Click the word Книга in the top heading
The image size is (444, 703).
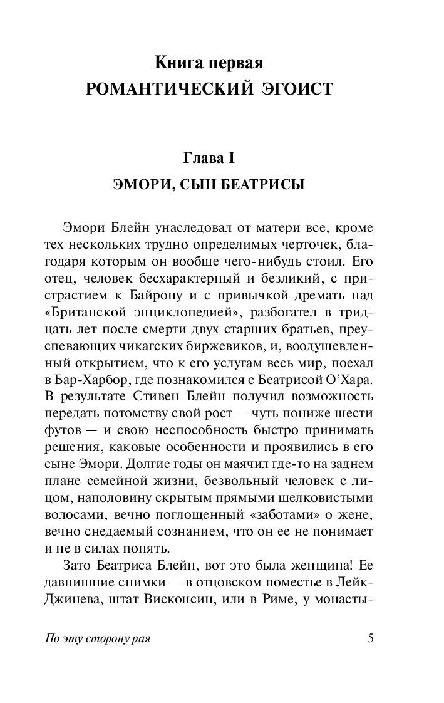(179, 63)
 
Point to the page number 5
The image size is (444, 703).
(370, 638)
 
